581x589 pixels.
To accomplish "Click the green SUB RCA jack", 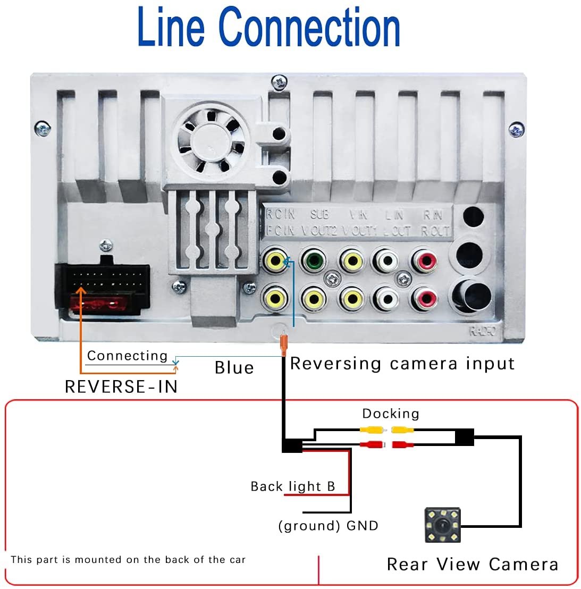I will coord(313,261).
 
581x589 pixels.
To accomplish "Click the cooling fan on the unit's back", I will coord(211,140).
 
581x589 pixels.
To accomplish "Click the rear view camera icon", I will coord(443,525).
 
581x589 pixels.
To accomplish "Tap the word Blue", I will coord(234,368).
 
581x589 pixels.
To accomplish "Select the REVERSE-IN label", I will coord(121,386).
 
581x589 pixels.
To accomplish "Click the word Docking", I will coord(391,414).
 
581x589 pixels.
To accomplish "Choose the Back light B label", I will coord(293,486).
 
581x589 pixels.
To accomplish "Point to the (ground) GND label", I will coord(328,526).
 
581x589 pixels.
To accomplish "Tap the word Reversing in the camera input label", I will coord(336,364).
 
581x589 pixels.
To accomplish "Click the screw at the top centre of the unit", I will coord(279,82).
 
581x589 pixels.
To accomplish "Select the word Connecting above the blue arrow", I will coord(127,356).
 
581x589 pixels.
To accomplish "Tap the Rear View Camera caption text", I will coord(472,564).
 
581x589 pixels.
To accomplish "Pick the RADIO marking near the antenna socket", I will coord(482,331).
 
